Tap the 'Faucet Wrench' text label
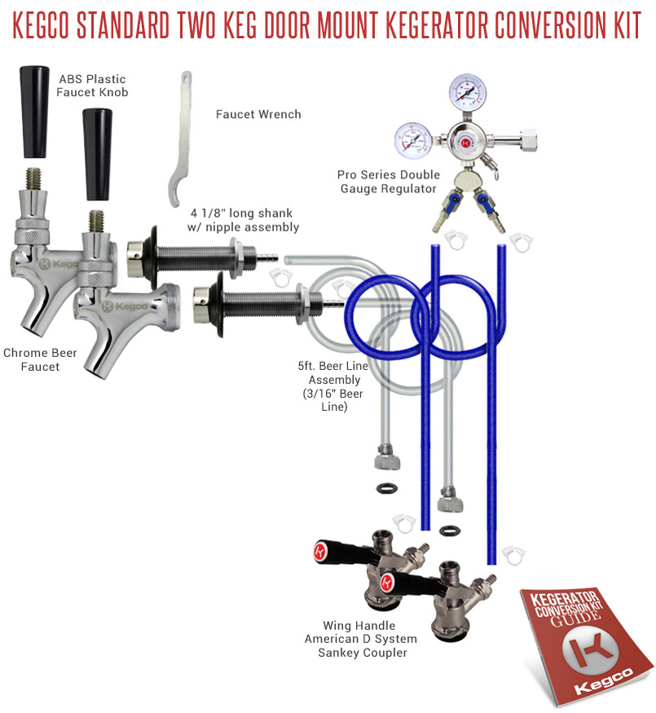[258, 114]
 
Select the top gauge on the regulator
[467, 92]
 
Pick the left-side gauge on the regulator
[413, 140]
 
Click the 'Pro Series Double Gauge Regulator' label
[389, 182]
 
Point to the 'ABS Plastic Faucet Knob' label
[92, 86]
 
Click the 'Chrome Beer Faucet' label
[40, 359]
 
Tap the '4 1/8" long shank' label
[241, 213]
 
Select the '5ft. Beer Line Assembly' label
[333, 373]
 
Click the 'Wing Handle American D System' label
[360, 632]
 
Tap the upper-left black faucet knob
[34, 112]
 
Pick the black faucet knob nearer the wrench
[97, 155]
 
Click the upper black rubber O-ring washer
[387, 489]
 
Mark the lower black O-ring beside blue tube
[450, 530]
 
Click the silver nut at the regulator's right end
[528, 138]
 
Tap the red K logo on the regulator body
[465, 143]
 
